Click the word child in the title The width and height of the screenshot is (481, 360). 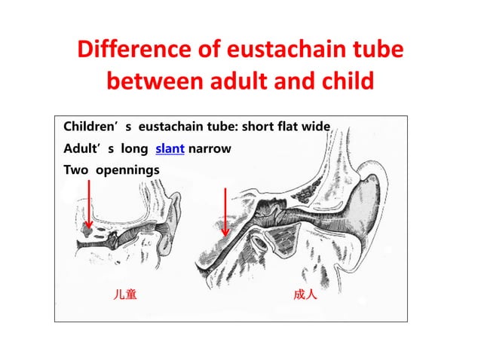pyautogui.click(x=348, y=79)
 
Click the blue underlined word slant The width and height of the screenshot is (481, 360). pyautogui.click(x=170, y=148)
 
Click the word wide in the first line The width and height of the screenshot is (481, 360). pyautogui.click(x=315, y=127)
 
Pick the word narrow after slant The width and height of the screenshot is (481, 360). pyautogui.click(x=210, y=148)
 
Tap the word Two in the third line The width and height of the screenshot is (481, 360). pyautogui.click(x=74, y=170)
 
